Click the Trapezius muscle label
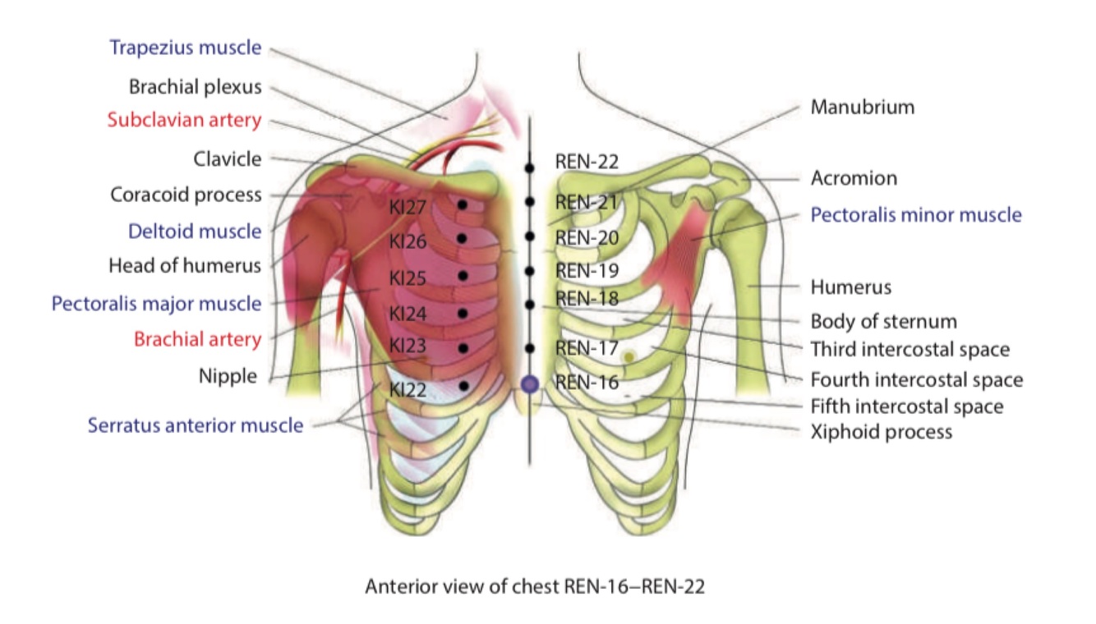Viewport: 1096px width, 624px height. pos(185,48)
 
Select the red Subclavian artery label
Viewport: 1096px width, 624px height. pos(184,120)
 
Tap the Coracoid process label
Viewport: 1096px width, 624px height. pos(186,195)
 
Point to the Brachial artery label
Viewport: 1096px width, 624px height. pos(197,339)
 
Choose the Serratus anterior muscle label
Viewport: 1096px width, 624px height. pos(196,425)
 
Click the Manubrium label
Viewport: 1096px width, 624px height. pos(862,107)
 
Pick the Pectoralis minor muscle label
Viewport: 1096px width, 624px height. pos(916,215)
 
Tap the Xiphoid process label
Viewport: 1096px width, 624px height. pos(882,431)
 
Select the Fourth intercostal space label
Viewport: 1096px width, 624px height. pos(916,380)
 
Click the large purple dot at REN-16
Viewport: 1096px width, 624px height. pos(530,383)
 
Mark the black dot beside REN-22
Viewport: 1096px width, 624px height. pos(530,167)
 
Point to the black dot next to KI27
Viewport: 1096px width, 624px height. pos(463,204)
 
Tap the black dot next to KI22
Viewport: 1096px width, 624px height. pos(464,386)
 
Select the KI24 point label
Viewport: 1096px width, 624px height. pos(408,314)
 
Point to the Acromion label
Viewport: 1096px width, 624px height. pos(854,178)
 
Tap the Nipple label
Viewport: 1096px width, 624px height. pos(228,377)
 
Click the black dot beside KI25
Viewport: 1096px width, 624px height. pos(463,276)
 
